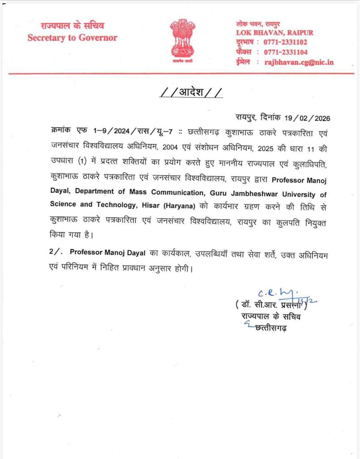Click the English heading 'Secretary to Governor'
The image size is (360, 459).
pos(72,38)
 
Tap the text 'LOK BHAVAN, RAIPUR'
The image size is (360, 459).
pos(275,33)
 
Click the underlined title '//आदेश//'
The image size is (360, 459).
pos(191,93)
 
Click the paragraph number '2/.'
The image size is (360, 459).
pos(55,252)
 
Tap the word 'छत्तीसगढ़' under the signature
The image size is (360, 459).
pos(271,329)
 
